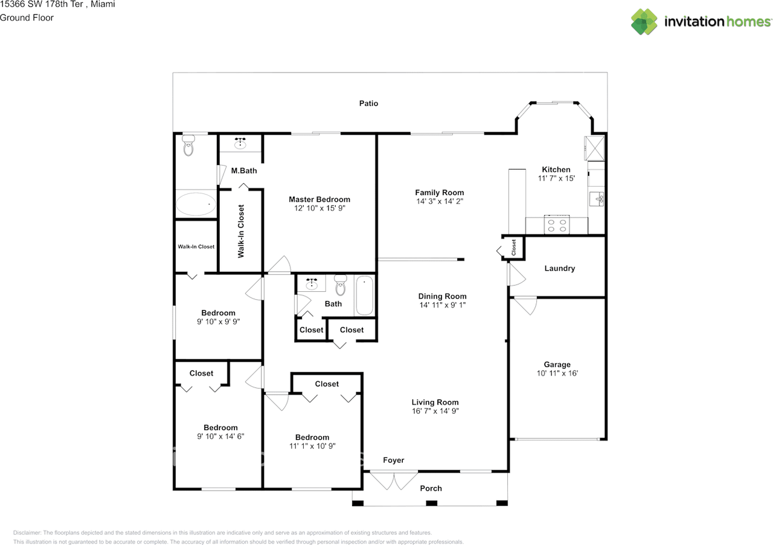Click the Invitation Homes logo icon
[644, 22]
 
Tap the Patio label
[368, 103]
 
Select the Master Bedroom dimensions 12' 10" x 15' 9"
[319, 208]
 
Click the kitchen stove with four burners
[556, 225]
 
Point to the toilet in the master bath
[188, 146]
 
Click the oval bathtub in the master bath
[195, 204]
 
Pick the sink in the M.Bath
[240, 144]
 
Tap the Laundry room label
[559, 268]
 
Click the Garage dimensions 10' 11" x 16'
[557, 373]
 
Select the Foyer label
[393, 460]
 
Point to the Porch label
[431, 488]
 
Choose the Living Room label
[435, 402]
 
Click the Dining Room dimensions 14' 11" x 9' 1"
[442, 305]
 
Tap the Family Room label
[439, 193]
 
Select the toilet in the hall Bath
[340, 285]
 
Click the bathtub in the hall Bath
[364, 295]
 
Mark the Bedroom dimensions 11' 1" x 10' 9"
[312, 446]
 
